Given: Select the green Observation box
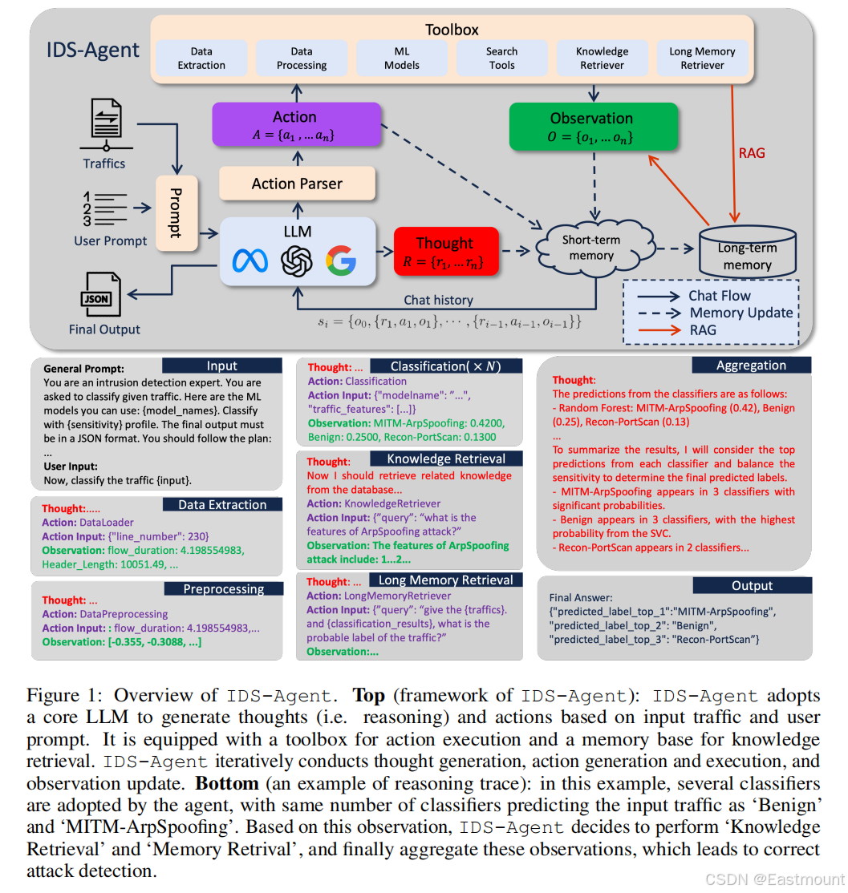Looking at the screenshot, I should pos(590,127).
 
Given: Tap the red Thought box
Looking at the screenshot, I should pos(445,251).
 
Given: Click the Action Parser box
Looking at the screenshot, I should pos(297,184).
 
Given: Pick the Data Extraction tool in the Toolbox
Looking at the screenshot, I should pos(201,59).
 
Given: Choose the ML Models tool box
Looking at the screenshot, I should pos(401,59).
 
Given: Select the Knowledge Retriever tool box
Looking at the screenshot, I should pos(602,59).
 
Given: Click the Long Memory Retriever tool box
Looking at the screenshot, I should pos(702,59).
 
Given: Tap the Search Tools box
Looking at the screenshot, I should pos(501,59).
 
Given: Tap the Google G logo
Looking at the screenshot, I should pos(340,261).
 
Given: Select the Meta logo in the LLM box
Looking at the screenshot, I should pos(250,261).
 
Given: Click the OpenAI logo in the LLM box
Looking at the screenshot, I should pos(295,261).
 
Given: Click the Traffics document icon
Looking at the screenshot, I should pos(104,127).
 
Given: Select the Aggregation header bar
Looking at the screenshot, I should pos(751,366).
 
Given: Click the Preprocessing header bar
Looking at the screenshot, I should pos(223,588).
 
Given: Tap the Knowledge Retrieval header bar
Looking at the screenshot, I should pos(446,459).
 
